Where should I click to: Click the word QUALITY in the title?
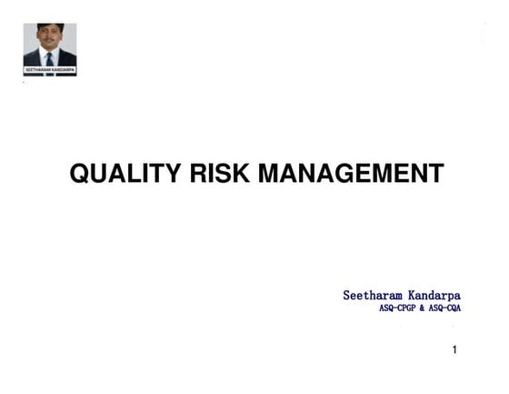tap(126, 174)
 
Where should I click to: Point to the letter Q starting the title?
tap(80, 174)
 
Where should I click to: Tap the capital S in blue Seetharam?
tap(347, 295)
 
